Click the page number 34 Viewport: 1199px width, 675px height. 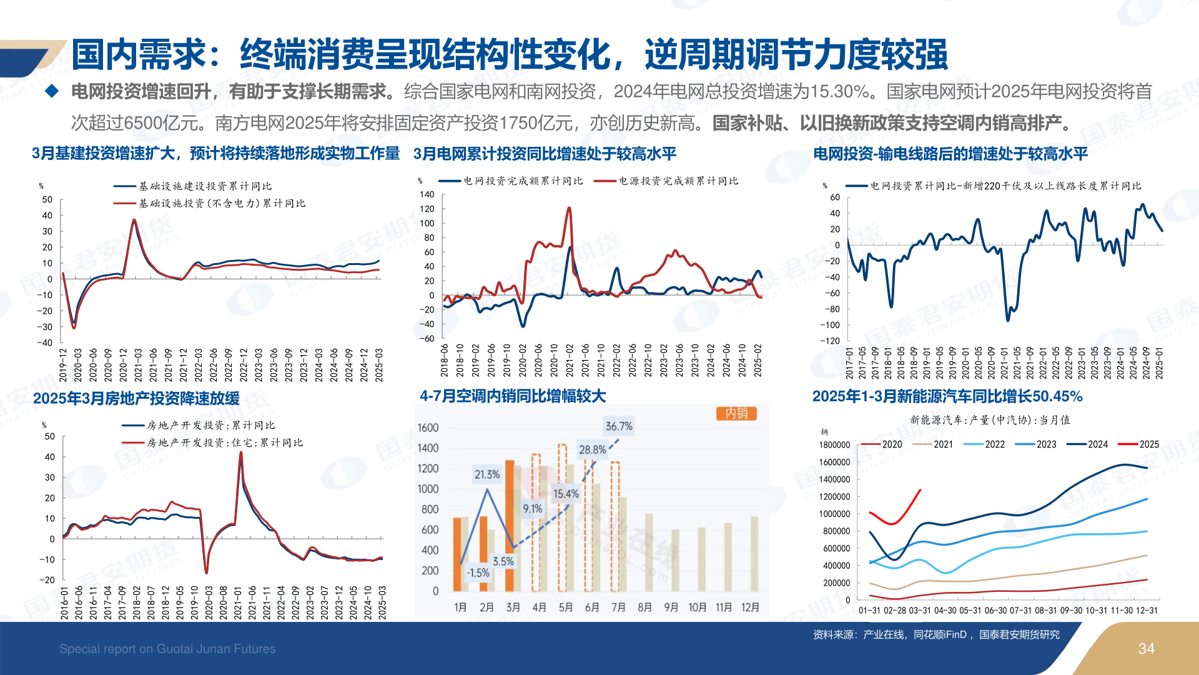click(1146, 649)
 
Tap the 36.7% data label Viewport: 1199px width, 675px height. click(619, 426)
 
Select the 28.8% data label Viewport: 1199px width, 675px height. click(592, 449)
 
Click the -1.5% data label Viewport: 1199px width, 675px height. click(478, 572)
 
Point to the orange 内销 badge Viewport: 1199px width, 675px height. click(736, 413)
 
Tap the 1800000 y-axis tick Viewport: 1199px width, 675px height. click(834, 445)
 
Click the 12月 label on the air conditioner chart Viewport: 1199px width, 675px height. click(750, 607)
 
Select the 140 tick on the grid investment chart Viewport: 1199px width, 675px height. click(427, 194)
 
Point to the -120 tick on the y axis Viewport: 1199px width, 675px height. click(830, 341)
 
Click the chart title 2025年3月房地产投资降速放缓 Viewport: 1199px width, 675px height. click(136, 398)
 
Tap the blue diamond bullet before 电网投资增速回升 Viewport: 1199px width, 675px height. click(52, 92)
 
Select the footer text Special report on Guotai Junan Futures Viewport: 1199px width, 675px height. click(167, 649)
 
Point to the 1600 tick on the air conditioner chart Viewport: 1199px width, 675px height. click(428, 428)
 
